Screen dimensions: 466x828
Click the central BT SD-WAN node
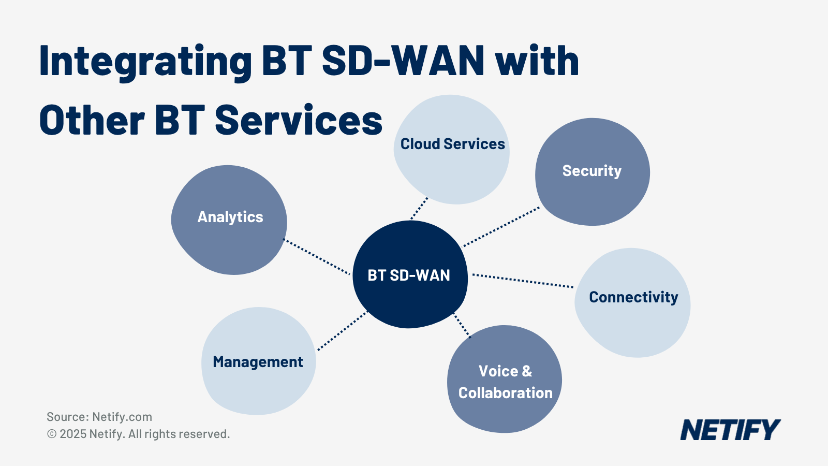coord(409,275)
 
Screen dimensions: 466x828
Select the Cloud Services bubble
coord(452,150)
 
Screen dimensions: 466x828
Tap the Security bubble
coord(592,172)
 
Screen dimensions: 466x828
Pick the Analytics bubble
coord(229,220)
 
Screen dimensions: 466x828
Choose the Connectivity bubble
coord(632,303)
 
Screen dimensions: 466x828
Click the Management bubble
coord(258,361)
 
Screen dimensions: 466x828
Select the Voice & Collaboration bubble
coord(505,381)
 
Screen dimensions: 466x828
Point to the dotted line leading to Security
coord(501,227)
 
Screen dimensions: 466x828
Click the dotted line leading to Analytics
coord(317,257)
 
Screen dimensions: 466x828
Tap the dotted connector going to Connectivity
coord(523,281)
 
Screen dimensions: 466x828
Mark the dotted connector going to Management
coord(342,331)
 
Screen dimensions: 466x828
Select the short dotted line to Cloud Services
coord(419,208)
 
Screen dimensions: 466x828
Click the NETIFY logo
coord(730,430)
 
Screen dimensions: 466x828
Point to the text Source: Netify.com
coord(99,417)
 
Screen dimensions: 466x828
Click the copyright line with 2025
coord(138,434)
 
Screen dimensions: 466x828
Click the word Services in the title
coord(299,121)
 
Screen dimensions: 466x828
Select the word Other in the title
coord(92,121)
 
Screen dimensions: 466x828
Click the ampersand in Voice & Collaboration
coord(527,371)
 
